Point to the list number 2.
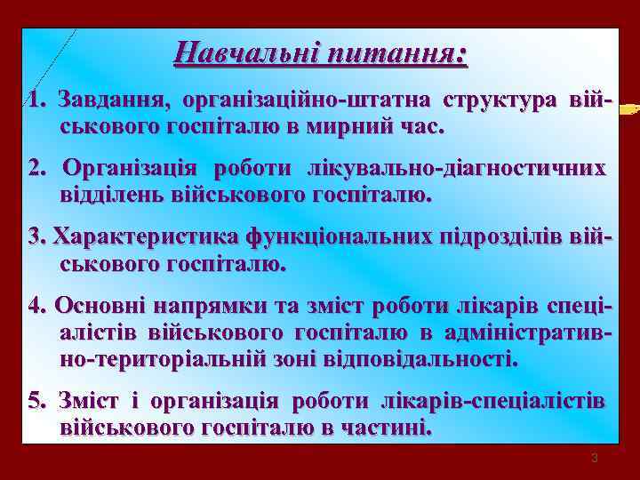[x=37, y=168]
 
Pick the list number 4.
[x=37, y=306]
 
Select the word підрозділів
[x=501, y=237]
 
